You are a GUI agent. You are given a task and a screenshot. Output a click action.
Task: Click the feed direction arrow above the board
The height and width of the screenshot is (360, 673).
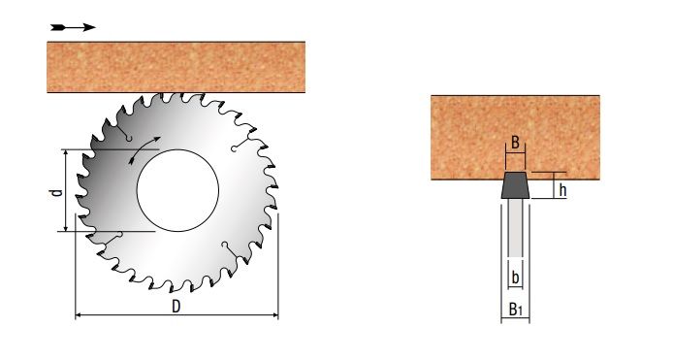coord(73,27)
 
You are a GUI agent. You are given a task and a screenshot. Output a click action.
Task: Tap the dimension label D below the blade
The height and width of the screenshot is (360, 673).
coord(176,307)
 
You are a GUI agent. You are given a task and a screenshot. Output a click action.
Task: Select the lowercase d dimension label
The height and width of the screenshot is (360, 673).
coord(56,192)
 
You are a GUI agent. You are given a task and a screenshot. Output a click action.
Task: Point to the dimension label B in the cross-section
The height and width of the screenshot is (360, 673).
coord(515,143)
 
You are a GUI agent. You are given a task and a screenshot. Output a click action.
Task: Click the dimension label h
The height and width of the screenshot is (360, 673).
coord(562,189)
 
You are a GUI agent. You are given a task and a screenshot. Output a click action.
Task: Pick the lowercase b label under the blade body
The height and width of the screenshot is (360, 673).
coord(516,278)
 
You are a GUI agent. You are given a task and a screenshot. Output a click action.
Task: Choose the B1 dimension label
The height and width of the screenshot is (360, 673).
coord(515,309)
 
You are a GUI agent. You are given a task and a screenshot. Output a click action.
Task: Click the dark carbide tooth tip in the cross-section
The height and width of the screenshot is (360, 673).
coord(515,185)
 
